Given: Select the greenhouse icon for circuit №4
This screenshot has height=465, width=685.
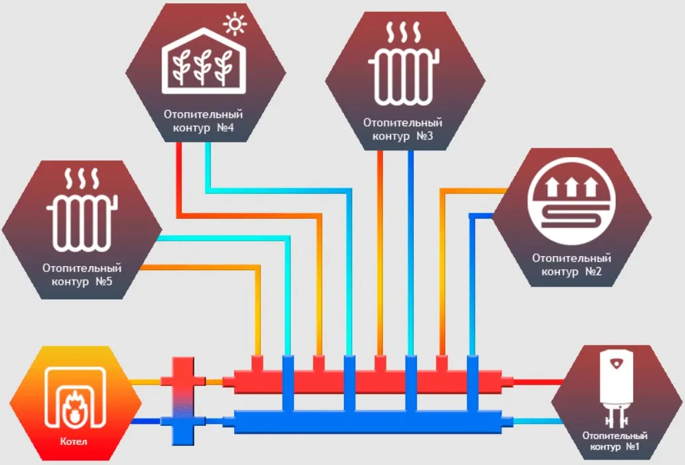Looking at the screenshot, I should [x=204, y=61].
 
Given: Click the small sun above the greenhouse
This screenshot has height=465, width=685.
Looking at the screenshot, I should [x=234, y=26].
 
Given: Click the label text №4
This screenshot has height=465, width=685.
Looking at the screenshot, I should [x=225, y=128].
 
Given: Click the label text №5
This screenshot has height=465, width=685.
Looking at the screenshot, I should [x=102, y=282].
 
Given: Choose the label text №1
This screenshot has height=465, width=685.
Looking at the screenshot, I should [x=633, y=448].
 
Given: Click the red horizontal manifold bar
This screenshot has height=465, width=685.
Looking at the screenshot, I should [x=366, y=382].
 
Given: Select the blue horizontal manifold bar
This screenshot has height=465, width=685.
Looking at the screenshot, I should [x=366, y=422].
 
